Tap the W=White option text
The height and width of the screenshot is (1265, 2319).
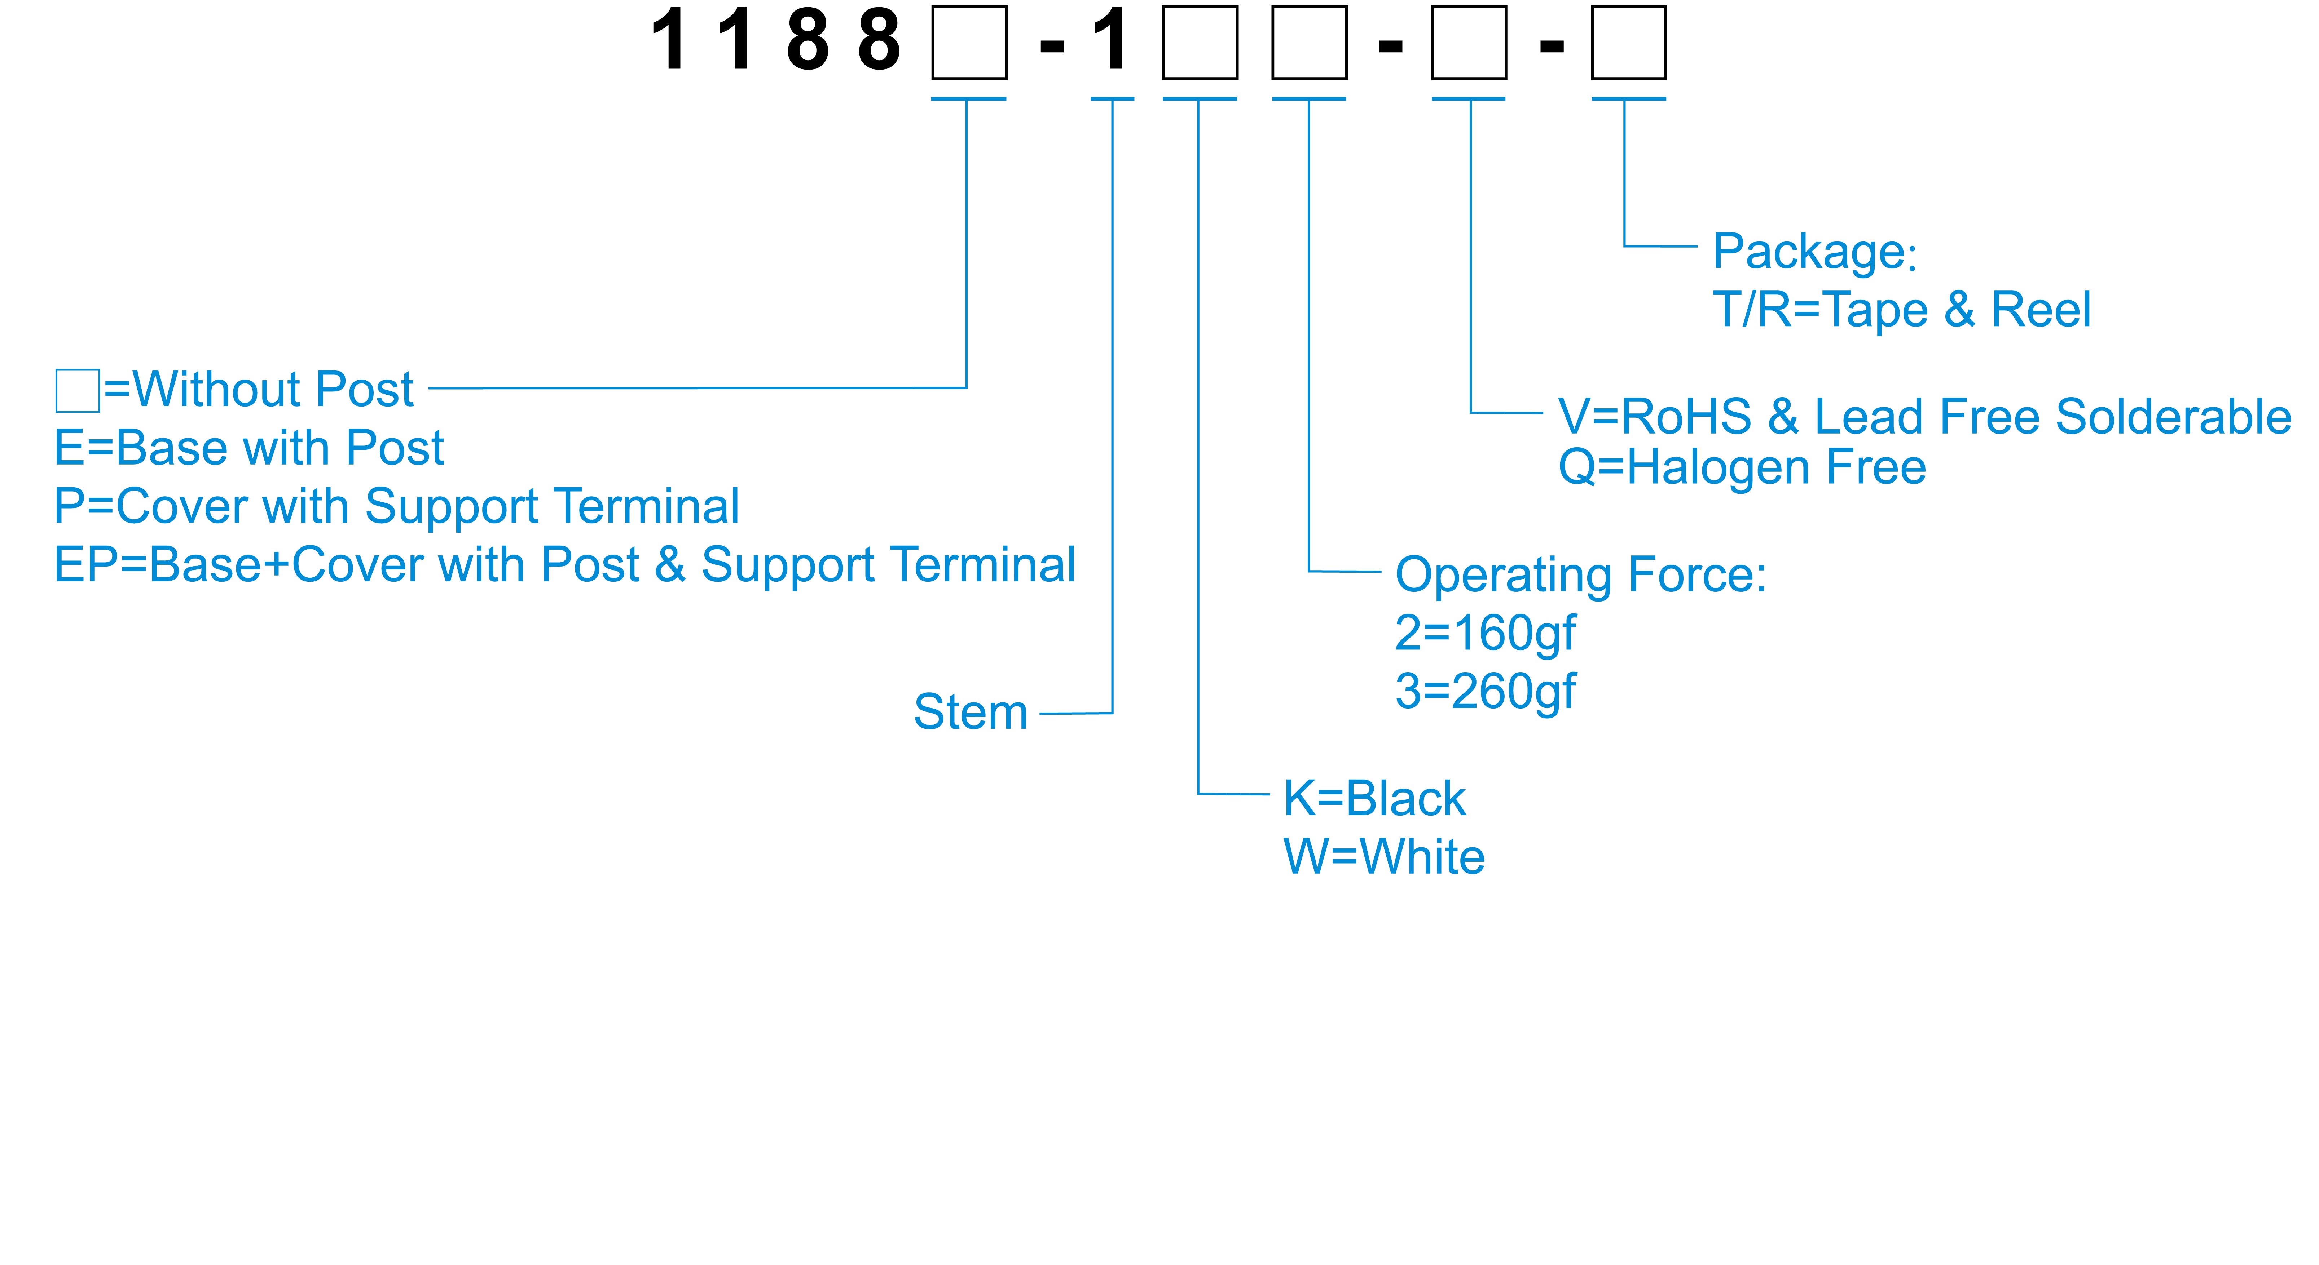(1384, 857)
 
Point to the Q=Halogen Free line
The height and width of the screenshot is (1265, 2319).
(1742, 468)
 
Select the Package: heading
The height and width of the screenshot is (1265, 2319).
(1814, 252)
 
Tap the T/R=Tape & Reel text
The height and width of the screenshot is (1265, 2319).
(1901, 310)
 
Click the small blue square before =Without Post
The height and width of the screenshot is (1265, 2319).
(78, 390)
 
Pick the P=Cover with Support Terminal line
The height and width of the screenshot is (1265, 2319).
(396, 506)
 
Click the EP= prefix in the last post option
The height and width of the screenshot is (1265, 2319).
(99, 565)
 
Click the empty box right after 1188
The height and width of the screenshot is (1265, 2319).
(969, 42)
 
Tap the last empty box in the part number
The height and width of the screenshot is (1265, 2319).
(1628, 42)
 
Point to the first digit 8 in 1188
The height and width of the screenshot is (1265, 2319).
(808, 40)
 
